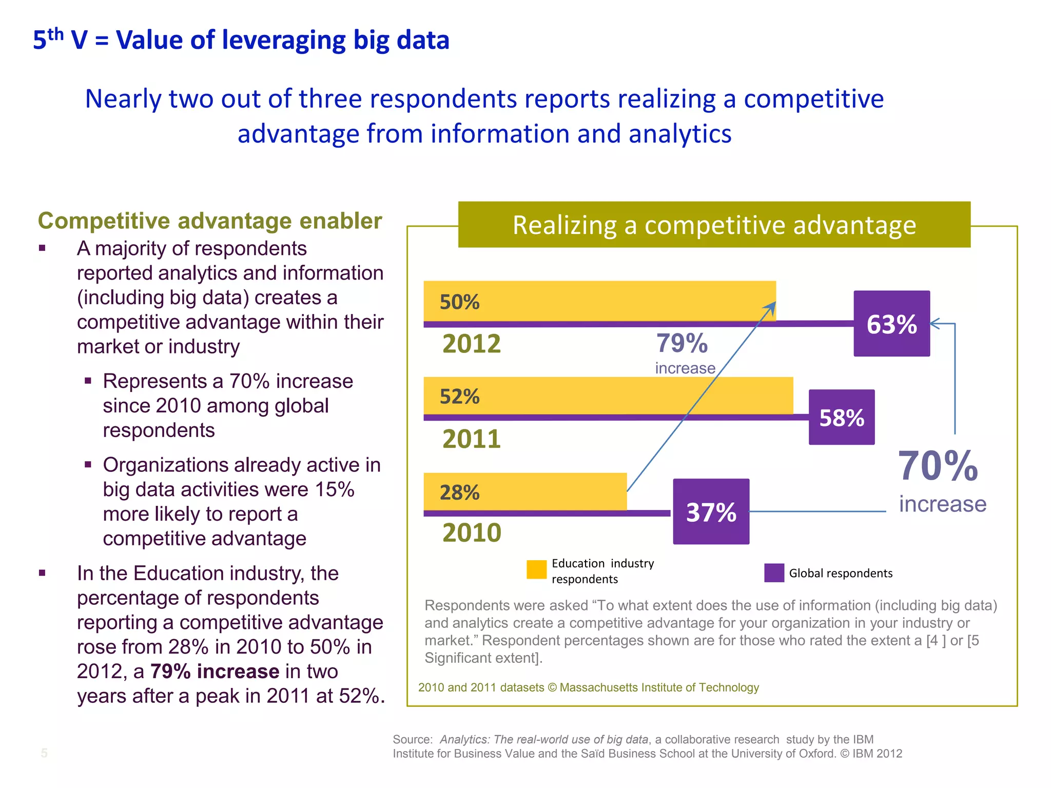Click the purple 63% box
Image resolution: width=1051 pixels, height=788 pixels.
[891, 324]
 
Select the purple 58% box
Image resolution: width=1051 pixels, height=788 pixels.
[842, 417]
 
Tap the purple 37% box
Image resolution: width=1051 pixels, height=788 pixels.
[711, 511]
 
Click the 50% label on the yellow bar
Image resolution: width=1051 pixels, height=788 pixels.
[459, 302]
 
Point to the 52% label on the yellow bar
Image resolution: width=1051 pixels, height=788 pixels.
[459, 397]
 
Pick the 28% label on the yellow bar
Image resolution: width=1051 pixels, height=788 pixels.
[459, 493]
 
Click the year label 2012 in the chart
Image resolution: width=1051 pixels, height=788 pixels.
[471, 344]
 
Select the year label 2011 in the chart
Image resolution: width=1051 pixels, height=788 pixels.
[471, 439]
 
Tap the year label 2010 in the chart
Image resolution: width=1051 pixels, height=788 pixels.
[471, 533]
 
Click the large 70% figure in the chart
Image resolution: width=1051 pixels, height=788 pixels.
[938, 466]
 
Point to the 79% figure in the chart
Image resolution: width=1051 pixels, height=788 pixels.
[682, 343]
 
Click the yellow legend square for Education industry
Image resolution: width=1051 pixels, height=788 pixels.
[536, 569]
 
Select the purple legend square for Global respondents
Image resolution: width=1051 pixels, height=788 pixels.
[774, 573]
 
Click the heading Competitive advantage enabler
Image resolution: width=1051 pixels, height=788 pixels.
[210, 221]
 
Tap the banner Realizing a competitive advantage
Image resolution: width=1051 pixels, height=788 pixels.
[714, 225]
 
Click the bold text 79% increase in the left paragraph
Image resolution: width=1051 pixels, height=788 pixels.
[215, 672]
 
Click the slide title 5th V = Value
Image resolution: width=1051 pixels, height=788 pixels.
[241, 40]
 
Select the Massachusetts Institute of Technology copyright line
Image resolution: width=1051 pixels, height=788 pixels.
[588, 687]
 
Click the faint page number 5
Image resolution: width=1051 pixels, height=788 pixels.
[44, 753]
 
